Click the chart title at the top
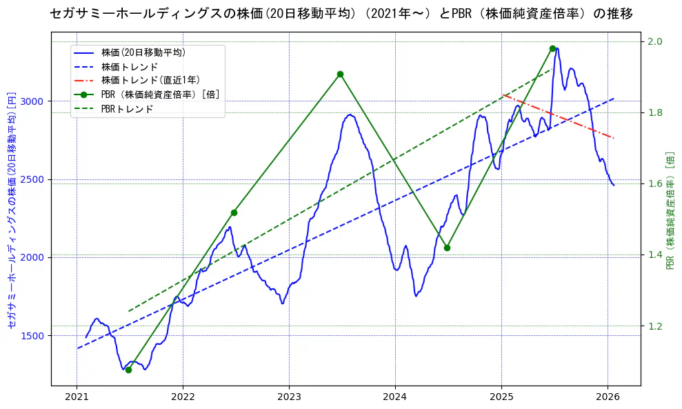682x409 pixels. tap(341, 13)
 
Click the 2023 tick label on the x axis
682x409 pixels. tap(289, 397)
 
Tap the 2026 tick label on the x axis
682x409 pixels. tap(608, 397)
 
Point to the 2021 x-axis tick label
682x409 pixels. tap(77, 397)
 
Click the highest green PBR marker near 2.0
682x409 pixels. tap(552, 48)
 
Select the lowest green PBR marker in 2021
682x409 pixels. tap(128, 370)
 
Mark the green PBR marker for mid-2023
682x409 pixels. tap(340, 74)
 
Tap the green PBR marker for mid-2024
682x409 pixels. tap(447, 248)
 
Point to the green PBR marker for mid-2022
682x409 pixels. tap(234, 212)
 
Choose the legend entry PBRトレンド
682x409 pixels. tap(127, 109)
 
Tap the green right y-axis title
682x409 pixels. tap(670, 211)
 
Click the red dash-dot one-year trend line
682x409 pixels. tap(559, 116)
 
